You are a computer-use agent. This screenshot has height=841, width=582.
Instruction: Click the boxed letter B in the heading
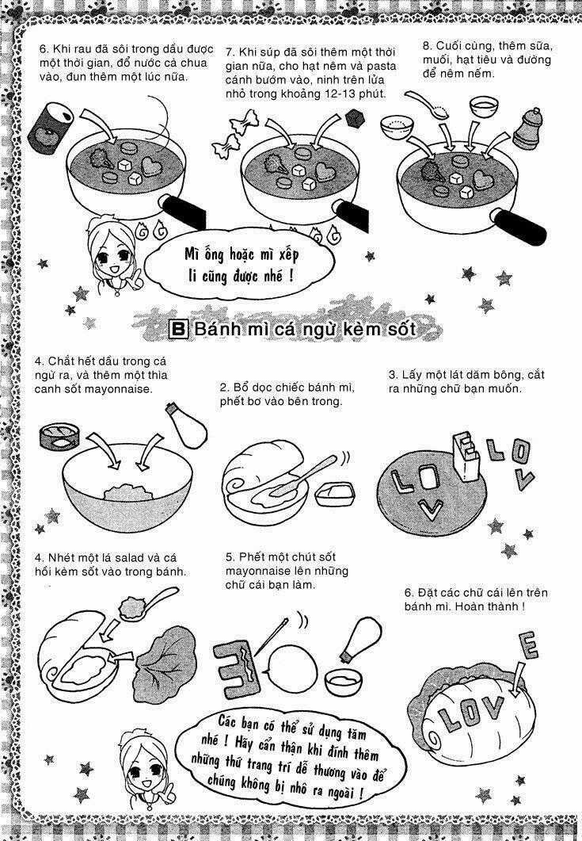pyautogui.click(x=179, y=328)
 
